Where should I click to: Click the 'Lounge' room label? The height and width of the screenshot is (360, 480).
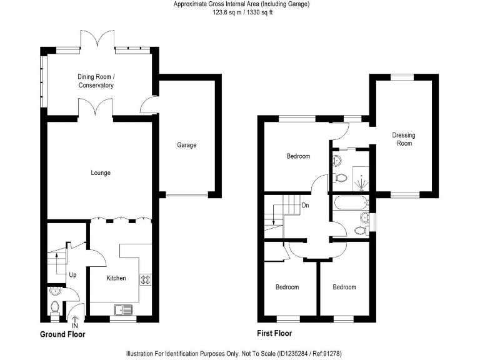click(101, 172)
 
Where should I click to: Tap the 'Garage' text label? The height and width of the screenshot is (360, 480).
click(186, 145)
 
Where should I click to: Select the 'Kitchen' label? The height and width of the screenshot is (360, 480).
click(116, 278)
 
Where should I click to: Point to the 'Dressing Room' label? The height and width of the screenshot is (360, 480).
click(403, 139)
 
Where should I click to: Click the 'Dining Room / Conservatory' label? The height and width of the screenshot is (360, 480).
click(96, 81)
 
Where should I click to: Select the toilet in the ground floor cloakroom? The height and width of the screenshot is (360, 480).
click(54, 307)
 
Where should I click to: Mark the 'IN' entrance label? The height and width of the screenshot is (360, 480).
click(75, 326)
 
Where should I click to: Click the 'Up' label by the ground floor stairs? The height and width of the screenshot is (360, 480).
click(72, 274)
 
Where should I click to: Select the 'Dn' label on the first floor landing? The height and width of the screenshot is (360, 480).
click(305, 204)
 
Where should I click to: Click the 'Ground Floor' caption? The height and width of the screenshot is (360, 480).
click(62, 334)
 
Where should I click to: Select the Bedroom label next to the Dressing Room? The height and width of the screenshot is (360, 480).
click(298, 156)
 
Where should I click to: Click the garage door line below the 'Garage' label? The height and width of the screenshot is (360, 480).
click(186, 196)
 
